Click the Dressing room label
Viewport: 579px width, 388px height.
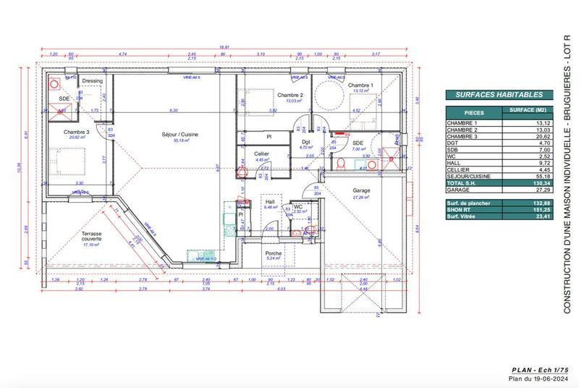coord(92,81)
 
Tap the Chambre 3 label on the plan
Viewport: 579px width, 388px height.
coord(76,132)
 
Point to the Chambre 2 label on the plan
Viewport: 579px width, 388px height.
coord(289,96)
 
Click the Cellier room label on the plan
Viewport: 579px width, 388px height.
coord(262,153)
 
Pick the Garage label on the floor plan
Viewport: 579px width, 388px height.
coord(361,191)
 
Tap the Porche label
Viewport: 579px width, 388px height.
coord(274,253)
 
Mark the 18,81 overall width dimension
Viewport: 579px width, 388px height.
coord(224,47)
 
